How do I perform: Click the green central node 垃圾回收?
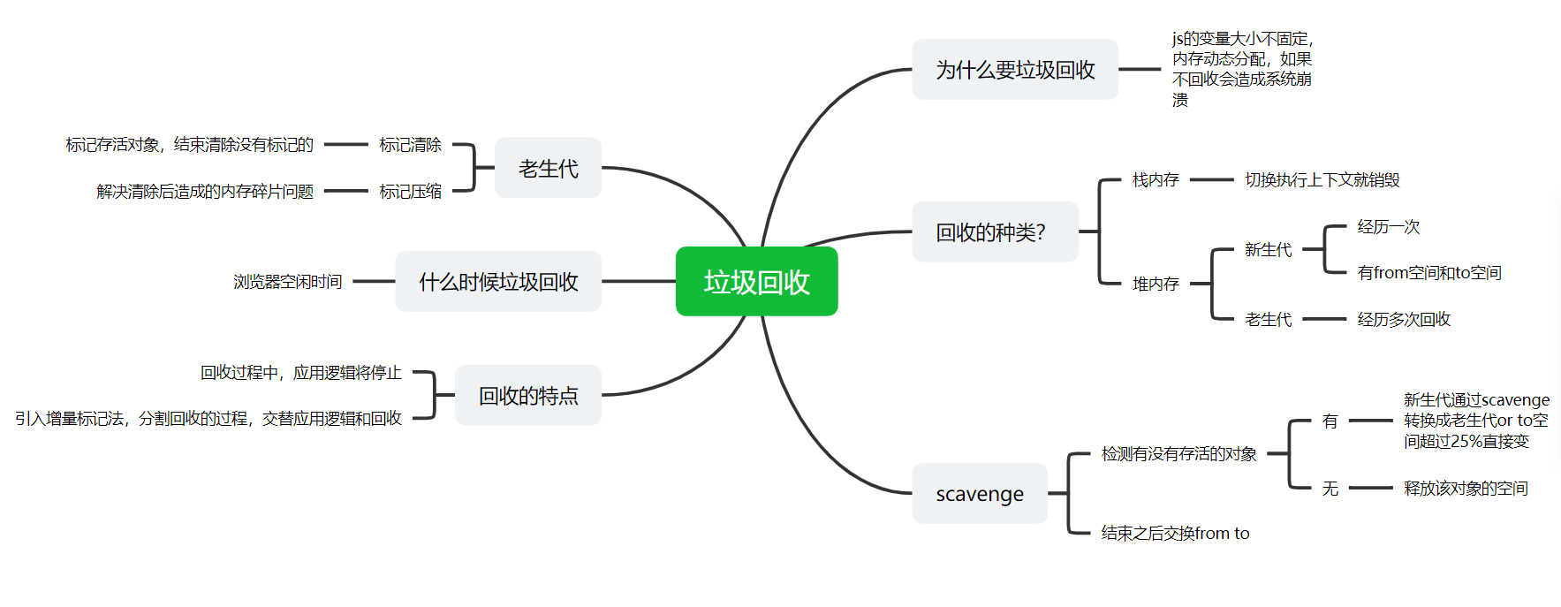[x=756, y=282]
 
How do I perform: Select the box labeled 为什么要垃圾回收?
[x=1014, y=70]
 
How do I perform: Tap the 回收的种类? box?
[x=994, y=232]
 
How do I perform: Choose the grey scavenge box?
[x=980, y=494]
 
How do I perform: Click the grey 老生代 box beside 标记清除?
[x=548, y=168]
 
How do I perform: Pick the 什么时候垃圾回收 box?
[x=498, y=282]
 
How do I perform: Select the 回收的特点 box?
[x=528, y=396]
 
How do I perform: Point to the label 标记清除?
[x=410, y=145]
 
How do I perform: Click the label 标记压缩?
[x=410, y=192]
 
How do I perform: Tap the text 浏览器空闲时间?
[x=287, y=282]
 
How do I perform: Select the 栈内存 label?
[x=1156, y=180]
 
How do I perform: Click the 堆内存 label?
[x=1156, y=284]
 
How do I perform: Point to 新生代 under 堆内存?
[x=1268, y=250]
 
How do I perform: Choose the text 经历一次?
[x=1388, y=227]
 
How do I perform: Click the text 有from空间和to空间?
[x=1428, y=273]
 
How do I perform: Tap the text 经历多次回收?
[x=1404, y=319]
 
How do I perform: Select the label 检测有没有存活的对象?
[x=1178, y=454]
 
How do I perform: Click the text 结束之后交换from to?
[x=1175, y=533]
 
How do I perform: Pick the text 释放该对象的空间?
[x=1466, y=489]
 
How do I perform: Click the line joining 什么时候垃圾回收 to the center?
[x=638, y=282]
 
